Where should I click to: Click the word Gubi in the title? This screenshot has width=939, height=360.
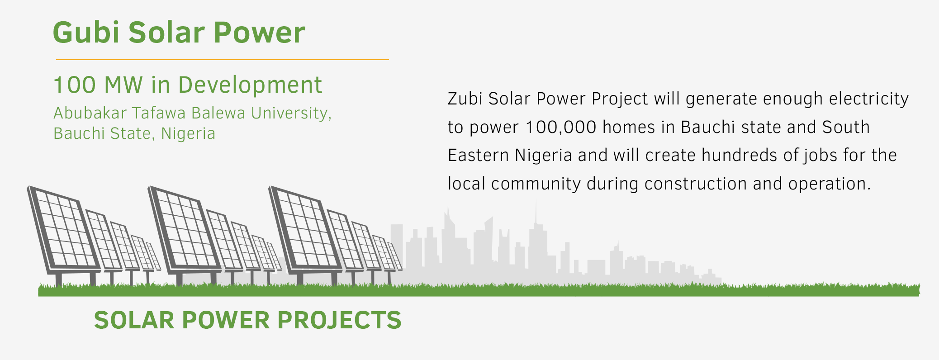(86, 33)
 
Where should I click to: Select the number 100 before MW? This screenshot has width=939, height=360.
(75, 85)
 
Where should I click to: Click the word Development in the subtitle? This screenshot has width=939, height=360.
(250, 85)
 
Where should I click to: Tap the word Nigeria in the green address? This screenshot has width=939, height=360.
(188, 133)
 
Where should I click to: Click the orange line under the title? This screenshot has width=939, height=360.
(222, 59)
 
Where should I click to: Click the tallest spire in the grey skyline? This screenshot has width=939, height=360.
(536, 213)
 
